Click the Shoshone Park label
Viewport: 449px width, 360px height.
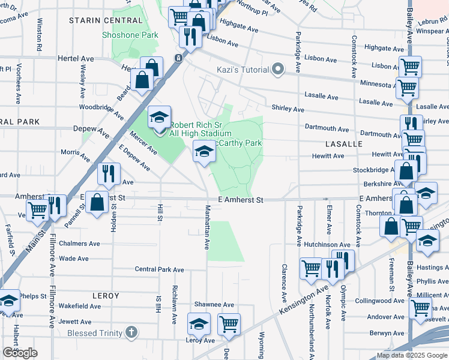(130, 35)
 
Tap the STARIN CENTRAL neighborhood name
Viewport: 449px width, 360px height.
(106, 20)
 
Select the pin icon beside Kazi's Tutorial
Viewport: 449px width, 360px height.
(277, 70)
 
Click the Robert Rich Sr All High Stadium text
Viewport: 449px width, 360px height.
(200, 129)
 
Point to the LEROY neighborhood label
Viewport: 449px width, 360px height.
(106, 296)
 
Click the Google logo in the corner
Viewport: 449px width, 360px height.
(20, 353)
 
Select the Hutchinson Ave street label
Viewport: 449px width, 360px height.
(327, 245)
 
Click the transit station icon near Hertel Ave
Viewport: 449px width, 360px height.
(178, 58)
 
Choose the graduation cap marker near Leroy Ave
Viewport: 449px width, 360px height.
(199, 325)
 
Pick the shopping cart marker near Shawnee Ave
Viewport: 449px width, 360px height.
(229, 325)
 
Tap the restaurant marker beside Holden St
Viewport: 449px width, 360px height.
(109, 174)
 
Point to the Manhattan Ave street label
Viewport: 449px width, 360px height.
(207, 229)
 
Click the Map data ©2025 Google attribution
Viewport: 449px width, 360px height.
(412, 355)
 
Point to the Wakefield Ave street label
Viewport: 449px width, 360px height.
(80, 306)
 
